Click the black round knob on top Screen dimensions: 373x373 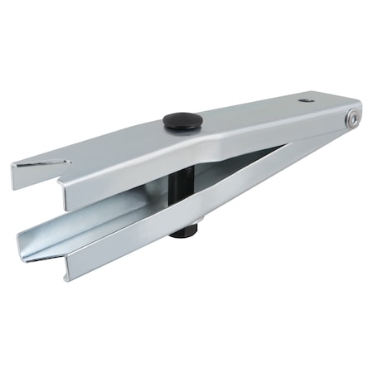pyautogui.click(x=182, y=121)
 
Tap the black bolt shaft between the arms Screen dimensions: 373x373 pyautogui.click(x=183, y=190)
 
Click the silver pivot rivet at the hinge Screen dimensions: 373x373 pyautogui.click(x=352, y=119)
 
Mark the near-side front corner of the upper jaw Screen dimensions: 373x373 pyautogui.click(x=66, y=204)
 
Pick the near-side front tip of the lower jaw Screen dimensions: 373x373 pyautogui.click(x=69, y=273)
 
